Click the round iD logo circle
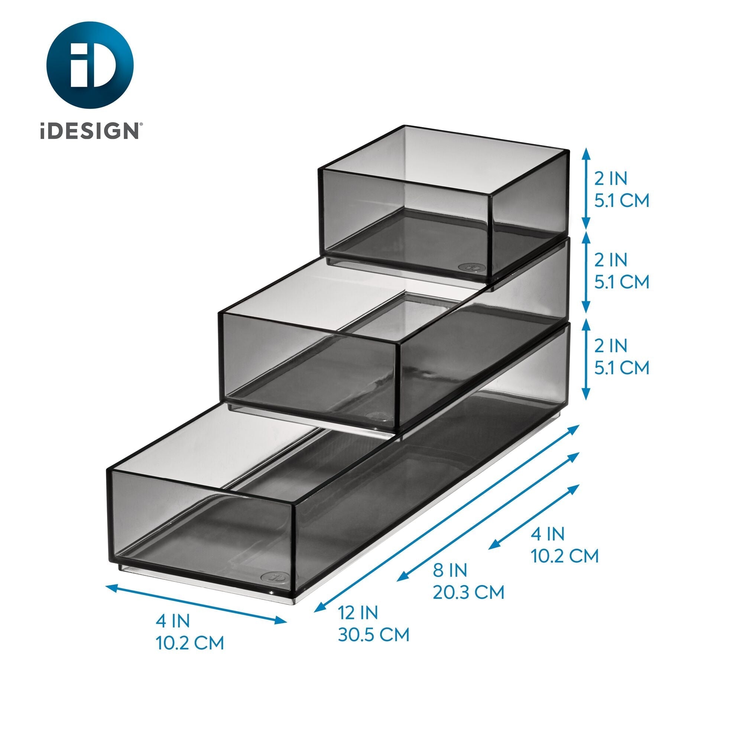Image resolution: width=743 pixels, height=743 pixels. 90,65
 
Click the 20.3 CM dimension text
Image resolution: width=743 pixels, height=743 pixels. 468,592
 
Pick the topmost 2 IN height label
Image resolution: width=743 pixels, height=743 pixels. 611,178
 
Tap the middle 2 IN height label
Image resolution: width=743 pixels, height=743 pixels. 611,260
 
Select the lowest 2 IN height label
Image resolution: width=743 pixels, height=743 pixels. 611,346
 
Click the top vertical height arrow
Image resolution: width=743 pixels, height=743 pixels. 585,188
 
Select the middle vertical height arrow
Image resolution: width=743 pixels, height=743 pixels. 585,272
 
